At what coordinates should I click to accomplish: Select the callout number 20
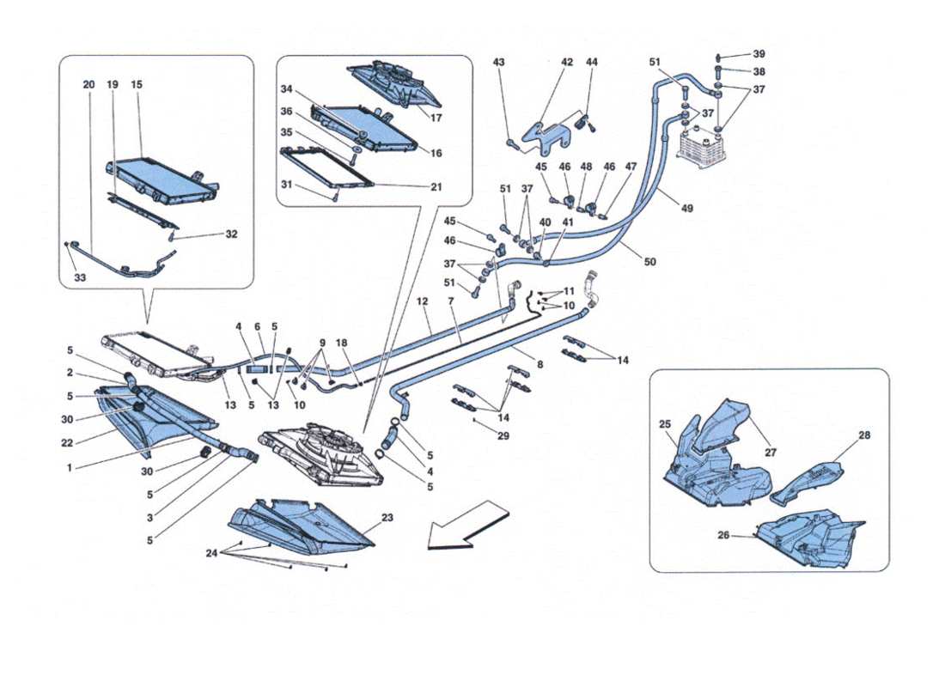[88, 85]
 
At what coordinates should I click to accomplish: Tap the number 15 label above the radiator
[137, 85]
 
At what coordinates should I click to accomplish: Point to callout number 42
[567, 63]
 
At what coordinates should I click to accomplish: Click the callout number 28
[864, 435]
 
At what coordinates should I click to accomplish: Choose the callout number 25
[665, 425]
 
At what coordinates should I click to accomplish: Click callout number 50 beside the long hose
[649, 261]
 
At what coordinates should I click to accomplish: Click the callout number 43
[499, 63]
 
